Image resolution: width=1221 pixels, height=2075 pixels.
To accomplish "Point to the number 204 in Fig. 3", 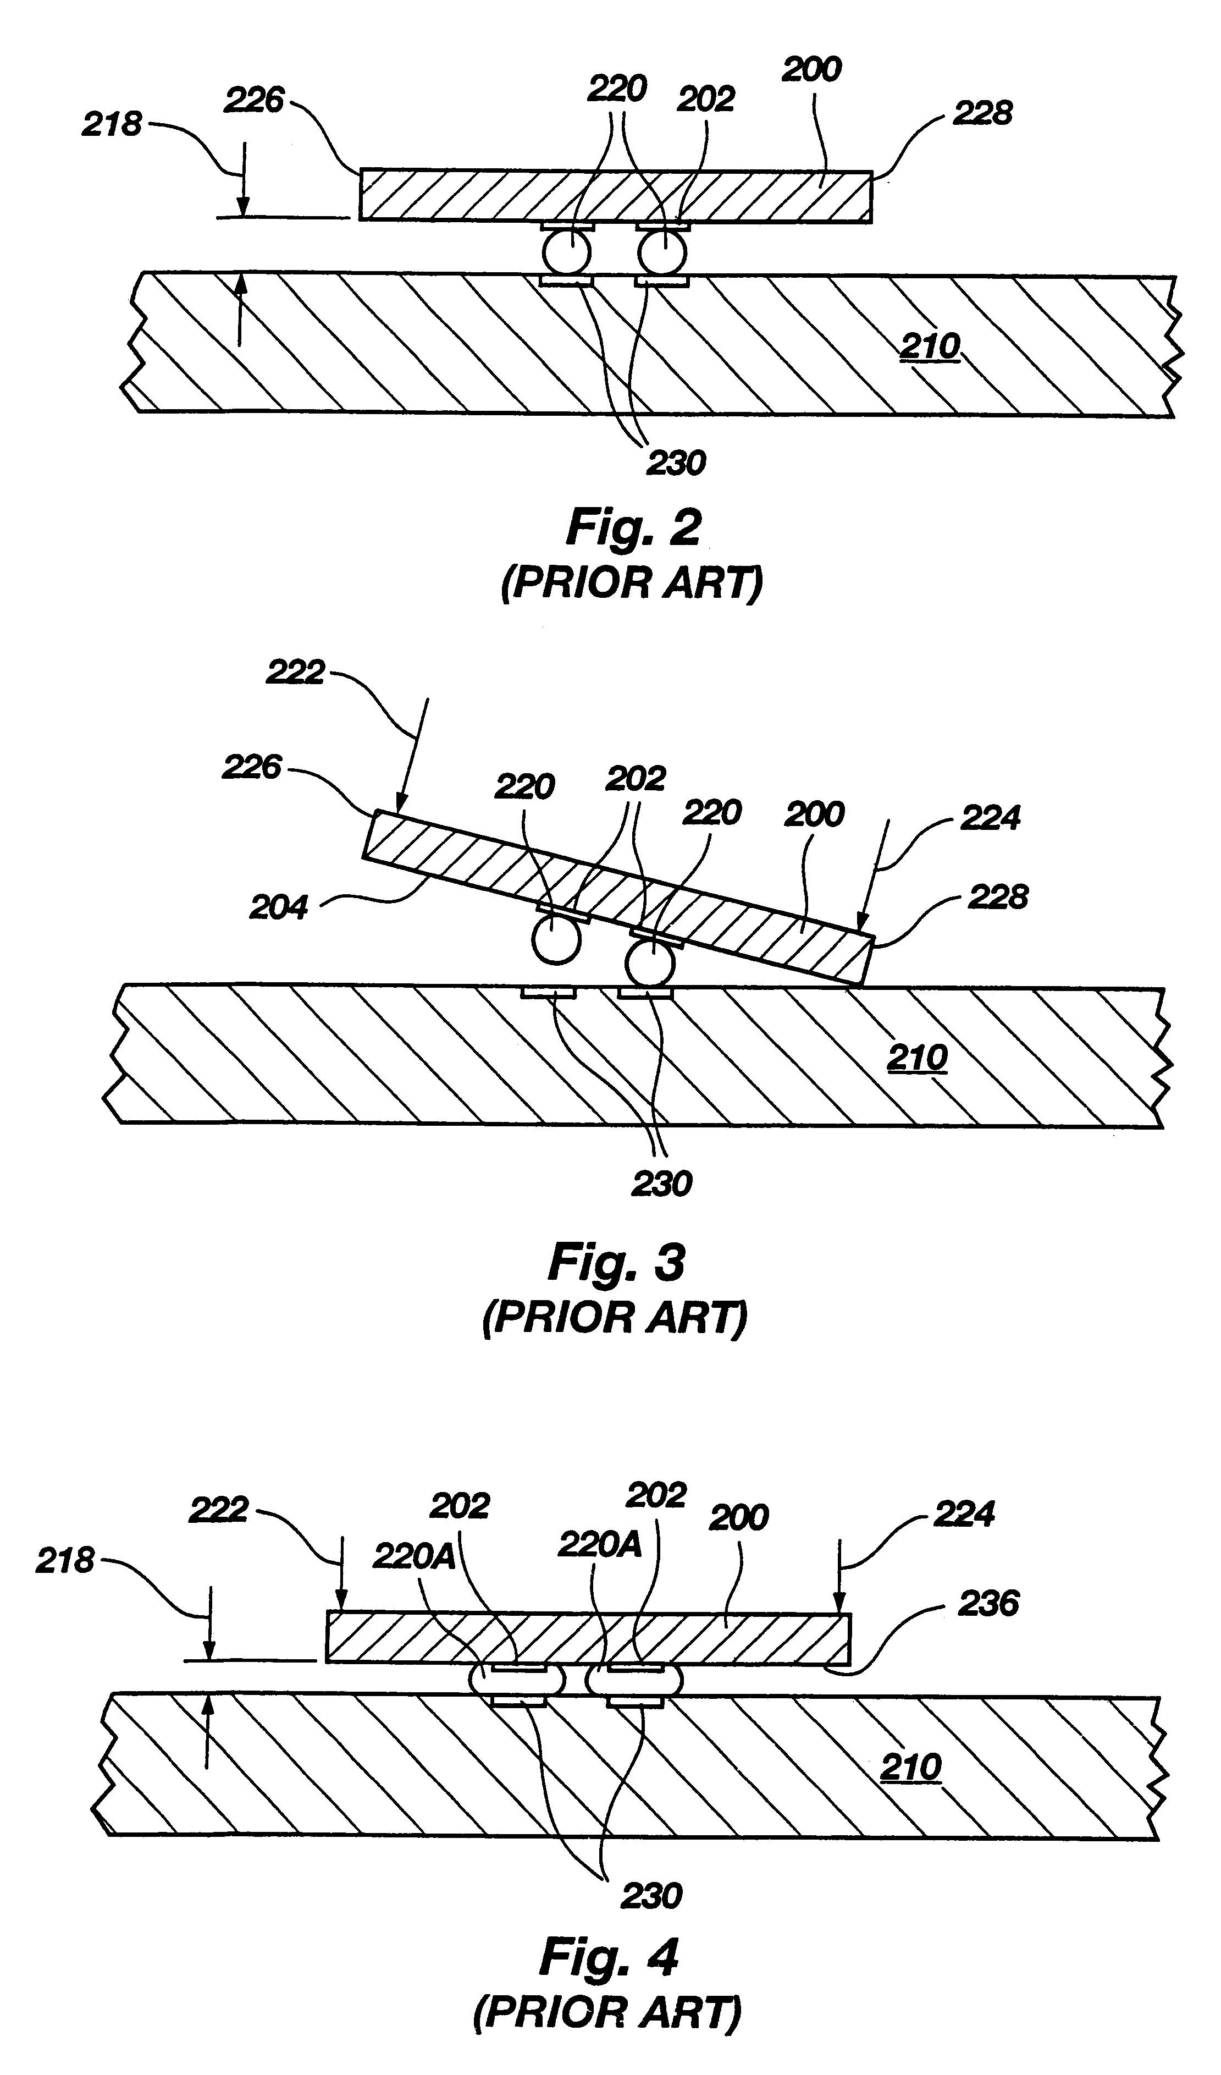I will click(x=278, y=907).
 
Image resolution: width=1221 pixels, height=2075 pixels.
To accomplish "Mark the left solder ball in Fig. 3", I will click(x=556, y=940).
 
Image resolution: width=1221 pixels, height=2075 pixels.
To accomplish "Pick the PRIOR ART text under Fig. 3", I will click(x=614, y=1318).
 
